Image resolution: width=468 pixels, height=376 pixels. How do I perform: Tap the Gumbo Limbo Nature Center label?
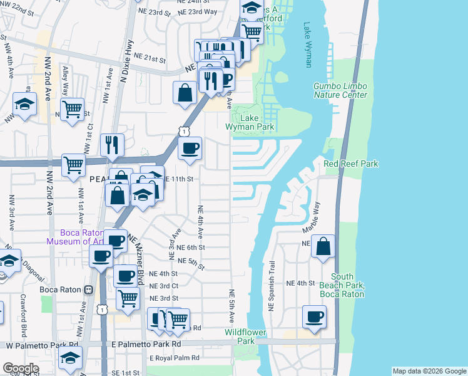coord(340,90)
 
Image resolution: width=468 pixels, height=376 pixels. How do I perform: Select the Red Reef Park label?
coord(350,164)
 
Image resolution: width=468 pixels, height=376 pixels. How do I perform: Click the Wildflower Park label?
coord(246,337)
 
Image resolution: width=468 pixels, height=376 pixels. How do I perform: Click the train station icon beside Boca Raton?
coord(89,290)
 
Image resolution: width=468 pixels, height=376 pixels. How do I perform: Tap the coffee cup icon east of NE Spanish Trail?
coord(315,316)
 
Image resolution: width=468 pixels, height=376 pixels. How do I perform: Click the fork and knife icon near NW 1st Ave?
coord(112,145)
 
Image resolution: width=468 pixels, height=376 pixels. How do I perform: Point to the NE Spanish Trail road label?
coord(272,287)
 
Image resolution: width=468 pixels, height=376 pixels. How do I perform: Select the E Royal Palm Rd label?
coord(174,358)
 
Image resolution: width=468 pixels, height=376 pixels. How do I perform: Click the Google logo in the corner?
coord(21,368)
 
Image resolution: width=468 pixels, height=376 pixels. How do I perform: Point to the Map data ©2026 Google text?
coord(429,371)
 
